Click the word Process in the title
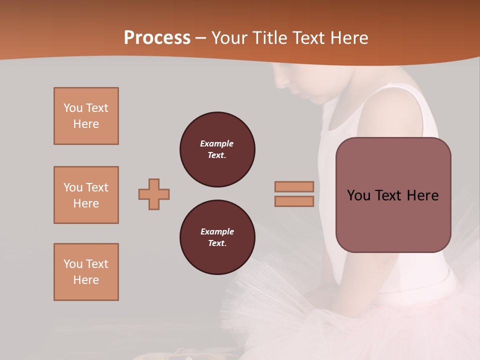tap(157, 37)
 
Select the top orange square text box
tap(86, 116)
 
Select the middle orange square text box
tap(86, 195)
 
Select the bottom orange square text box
tap(86, 272)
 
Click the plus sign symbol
tap(154, 194)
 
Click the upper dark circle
tap(217, 149)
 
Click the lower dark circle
tap(217, 237)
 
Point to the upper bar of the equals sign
tap(294, 186)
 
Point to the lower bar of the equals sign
tap(294, 201)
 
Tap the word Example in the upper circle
tap(217, 143)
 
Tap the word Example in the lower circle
tap(217, 231)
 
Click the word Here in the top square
tap(86, 124)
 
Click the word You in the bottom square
tap(72, 264)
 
